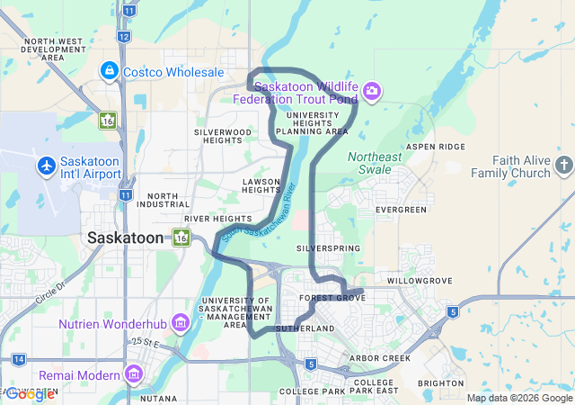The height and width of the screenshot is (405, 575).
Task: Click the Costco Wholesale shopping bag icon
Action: click(x=109, y=71)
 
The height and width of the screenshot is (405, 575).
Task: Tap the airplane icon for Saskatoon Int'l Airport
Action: click(x=47, y=166)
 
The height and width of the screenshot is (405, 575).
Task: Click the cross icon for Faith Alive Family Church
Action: click(x=563, y=165)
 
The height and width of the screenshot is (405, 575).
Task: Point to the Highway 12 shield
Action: click(x=123, y=36)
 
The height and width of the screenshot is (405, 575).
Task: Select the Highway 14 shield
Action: click(x=19, y=359)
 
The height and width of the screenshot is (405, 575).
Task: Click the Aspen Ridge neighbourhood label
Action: click(x=436, y=146)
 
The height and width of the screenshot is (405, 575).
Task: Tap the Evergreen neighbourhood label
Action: click(x=402, y=210)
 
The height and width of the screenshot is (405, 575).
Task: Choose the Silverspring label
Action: click(x=328, y=247)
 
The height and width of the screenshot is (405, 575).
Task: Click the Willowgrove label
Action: click(x=419, y=281)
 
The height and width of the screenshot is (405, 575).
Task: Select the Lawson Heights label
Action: click(x=261, y=184)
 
